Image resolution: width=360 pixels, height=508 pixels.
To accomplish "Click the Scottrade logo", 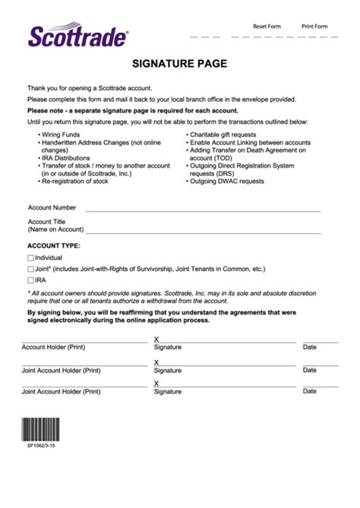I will point(78,35).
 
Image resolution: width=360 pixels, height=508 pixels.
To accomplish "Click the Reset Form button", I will point(267,26).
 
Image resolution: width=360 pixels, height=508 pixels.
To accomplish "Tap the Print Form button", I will point(314,26).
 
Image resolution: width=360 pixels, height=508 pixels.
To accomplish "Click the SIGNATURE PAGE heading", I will point(179,64).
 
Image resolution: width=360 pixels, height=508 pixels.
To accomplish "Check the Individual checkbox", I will point(30,258).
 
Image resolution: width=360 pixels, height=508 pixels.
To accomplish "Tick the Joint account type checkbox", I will point(30,269).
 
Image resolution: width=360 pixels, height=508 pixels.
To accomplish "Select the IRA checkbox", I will point(30,280).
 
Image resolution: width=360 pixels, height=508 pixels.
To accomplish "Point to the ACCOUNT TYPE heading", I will point(53,246).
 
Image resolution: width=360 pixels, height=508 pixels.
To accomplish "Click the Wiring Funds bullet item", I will point(63,135).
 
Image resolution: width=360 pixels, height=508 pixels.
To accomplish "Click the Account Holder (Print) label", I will point(53,347).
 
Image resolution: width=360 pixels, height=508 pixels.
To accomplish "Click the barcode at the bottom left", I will point(43,430).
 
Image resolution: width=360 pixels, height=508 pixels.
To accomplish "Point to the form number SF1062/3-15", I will point(41,446).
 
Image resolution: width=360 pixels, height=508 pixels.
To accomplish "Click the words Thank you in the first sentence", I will point(43,88).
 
